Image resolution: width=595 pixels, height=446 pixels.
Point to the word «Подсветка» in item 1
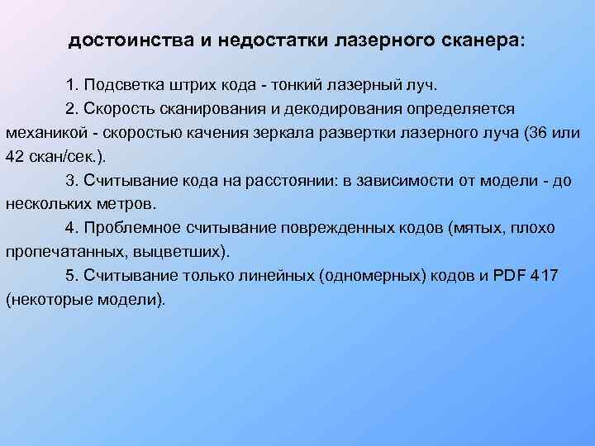121,85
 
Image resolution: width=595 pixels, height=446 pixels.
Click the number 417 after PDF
546,275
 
